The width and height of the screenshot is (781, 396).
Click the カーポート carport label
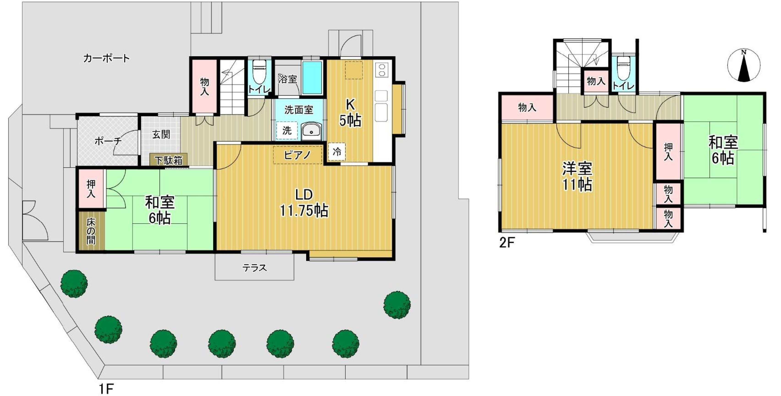pyautogui.click(x=106, y=58)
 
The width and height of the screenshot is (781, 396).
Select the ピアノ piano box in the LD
pyautogui.click(x=297, y=155)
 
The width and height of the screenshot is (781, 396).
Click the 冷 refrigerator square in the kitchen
pyautogui.click(x=337, y=152)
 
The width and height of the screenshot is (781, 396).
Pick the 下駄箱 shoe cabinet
pyautogui.click(x=169, y=160)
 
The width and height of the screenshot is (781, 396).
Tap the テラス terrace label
pyautogui.click(x=255, y=268)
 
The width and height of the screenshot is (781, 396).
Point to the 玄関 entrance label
pyautogui.click(x=161, y=134)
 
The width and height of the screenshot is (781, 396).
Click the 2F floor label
pyautogui.click(x=507, y=243)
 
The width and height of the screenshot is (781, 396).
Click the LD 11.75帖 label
pyautogui.click(x=304, y=202)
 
